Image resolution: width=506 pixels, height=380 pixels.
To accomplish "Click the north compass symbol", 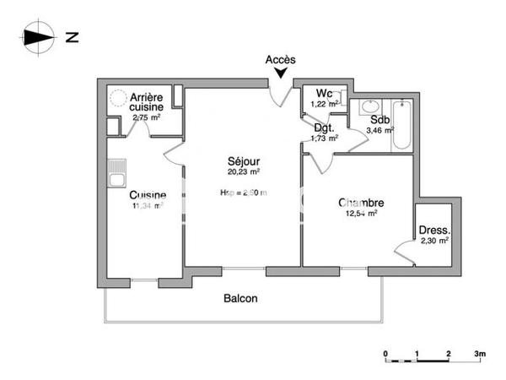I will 38,36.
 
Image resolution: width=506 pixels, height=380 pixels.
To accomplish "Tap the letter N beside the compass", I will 73,36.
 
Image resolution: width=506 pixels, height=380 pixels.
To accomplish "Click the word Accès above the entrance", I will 280,59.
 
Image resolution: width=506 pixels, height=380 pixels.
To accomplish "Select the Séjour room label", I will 243,160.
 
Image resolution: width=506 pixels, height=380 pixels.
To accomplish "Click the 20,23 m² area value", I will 243,171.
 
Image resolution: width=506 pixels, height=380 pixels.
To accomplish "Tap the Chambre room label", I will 361,203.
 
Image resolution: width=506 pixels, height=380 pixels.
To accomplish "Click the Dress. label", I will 434,230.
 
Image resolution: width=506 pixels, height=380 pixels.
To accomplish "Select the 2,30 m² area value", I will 434,241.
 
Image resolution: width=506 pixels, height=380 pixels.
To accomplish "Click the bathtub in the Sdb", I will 402,126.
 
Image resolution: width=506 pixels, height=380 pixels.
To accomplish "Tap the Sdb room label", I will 379,120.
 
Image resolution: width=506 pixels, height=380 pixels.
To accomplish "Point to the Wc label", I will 325,93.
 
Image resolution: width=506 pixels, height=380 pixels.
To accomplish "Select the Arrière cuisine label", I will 146,102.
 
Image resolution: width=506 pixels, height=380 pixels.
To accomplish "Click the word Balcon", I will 240,299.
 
